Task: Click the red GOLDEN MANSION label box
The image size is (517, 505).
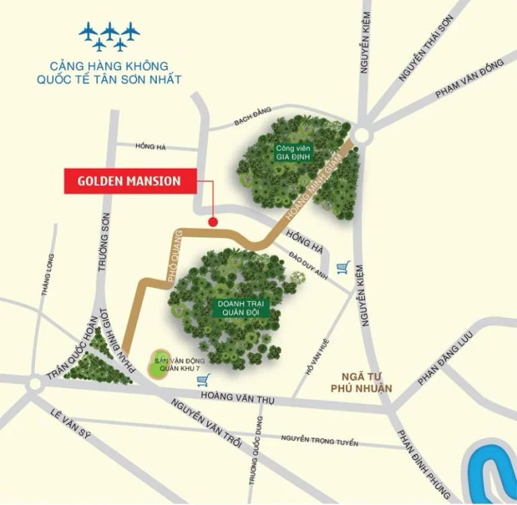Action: [129, 181]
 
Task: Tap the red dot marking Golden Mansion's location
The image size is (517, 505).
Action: [213, 222]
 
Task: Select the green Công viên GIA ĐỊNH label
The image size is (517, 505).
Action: [291, 153]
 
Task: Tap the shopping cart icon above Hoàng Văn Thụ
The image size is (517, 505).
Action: [202, 381]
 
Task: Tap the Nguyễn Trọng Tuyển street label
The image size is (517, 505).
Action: [320, 441]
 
